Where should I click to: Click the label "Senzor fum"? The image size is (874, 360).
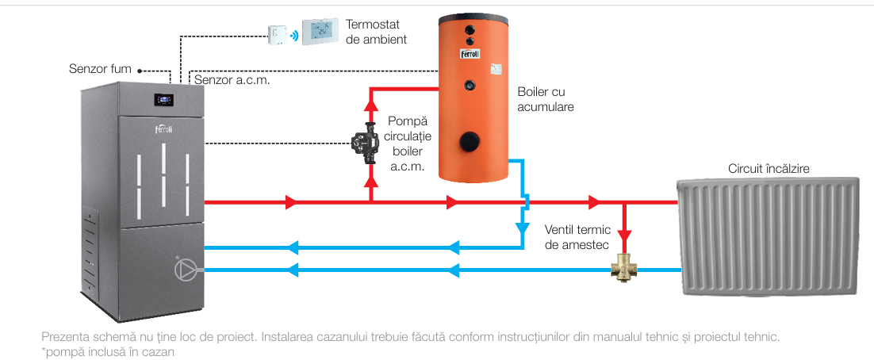[x=100, y=69]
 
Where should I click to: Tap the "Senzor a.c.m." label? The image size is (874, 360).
[x=232, y=80]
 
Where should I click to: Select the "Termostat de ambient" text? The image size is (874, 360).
[x=377, y=31]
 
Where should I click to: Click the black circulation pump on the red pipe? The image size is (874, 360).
[x=366, y=144]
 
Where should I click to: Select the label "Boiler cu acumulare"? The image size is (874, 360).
[x=545, y=99]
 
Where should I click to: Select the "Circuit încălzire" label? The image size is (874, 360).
[x=769, y=168]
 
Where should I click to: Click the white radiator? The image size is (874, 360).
[x=768, y=237]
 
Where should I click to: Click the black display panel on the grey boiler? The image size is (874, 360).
[x=163, y=100]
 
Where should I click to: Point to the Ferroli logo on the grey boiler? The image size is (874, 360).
[x=163, y=128]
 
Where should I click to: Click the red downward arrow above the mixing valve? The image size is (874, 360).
[x=626, y=235]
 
